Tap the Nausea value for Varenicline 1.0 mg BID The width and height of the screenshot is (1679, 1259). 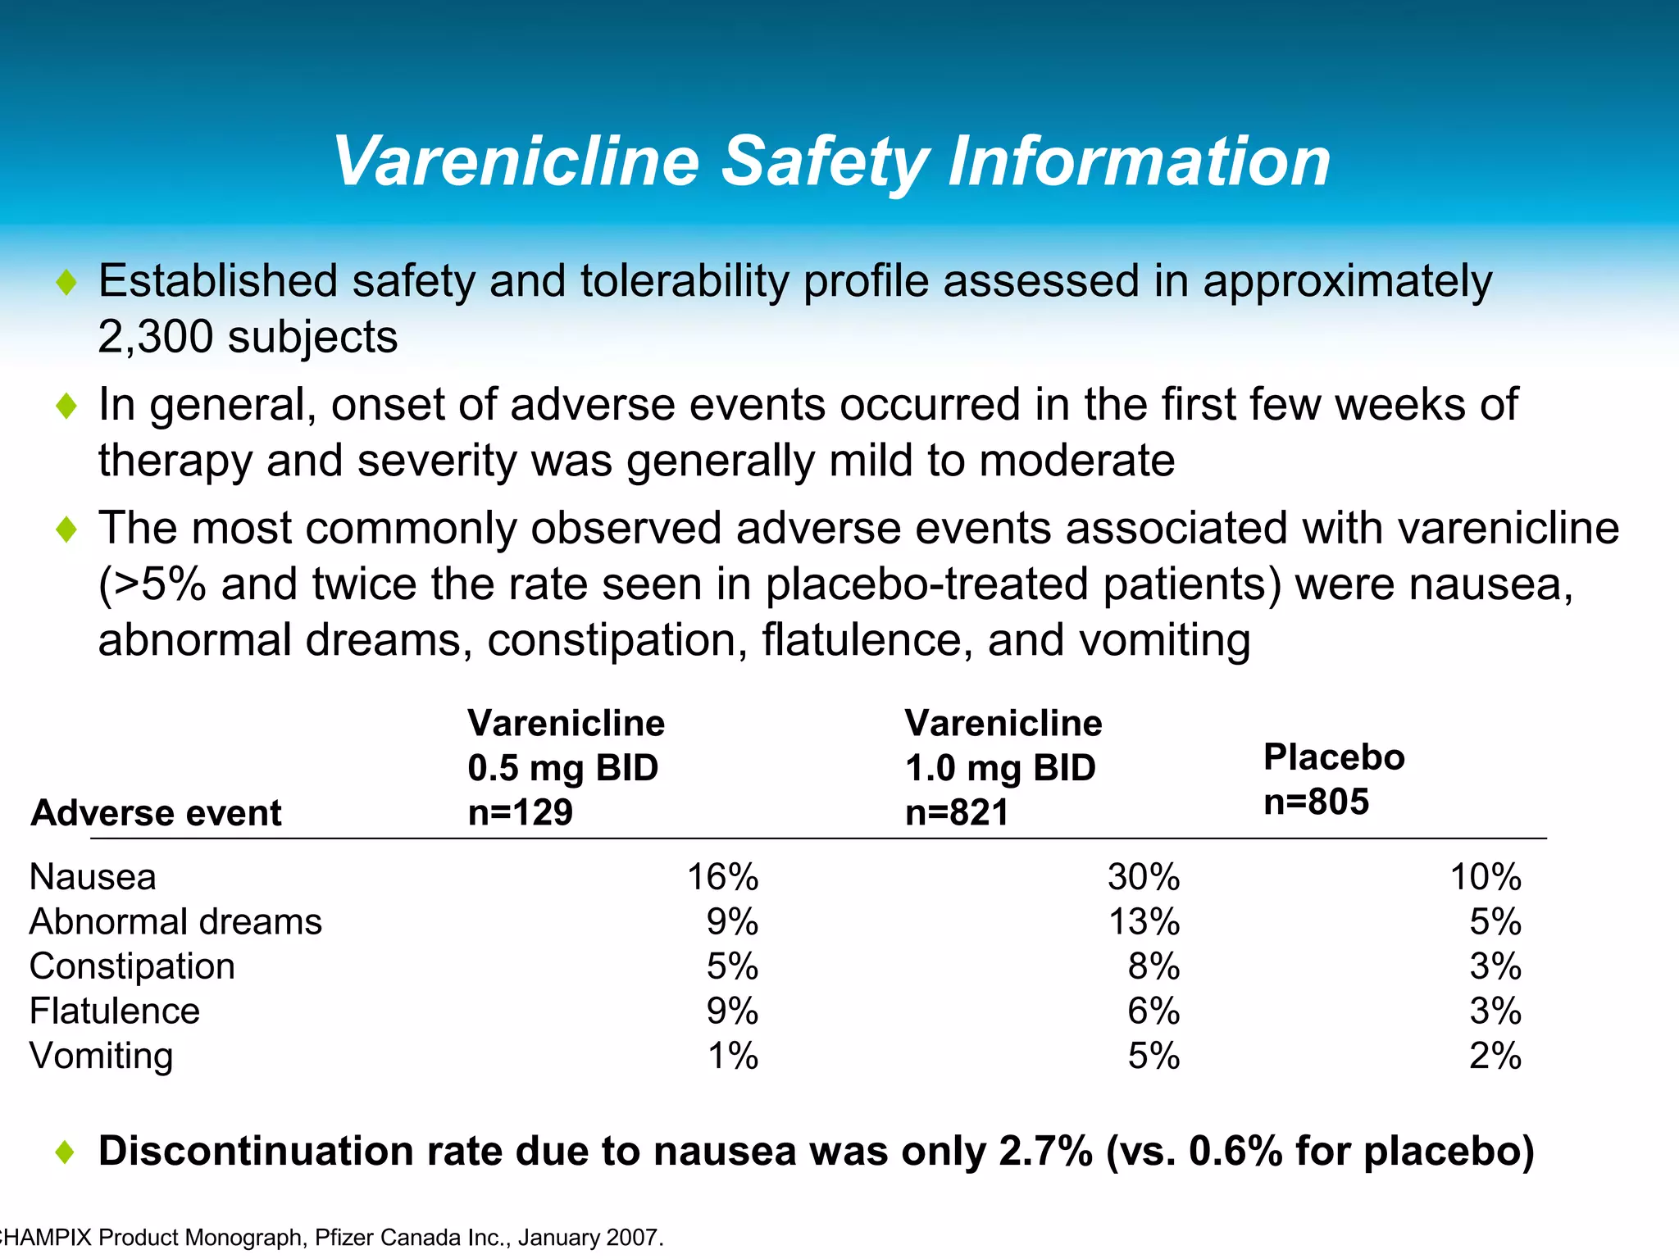point(1144,877)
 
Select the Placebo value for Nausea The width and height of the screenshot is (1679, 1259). point(1486,877)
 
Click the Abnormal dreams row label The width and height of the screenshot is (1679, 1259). point(175,922)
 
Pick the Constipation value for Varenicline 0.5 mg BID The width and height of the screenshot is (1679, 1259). point(732,966)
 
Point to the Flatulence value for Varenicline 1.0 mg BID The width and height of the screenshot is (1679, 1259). point(1153,1011)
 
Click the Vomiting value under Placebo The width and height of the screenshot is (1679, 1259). point(1495,1056)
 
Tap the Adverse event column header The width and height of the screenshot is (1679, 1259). point(156,813)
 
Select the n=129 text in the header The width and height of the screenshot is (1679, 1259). point(520,812)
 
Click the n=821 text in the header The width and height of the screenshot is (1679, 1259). point(957,812)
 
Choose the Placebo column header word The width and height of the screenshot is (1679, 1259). point(1334,757)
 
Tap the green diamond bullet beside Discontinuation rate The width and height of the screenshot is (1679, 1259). point(66,1152)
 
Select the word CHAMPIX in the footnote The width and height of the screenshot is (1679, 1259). point(46,1237)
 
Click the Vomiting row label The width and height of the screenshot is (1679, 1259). point(101,1056)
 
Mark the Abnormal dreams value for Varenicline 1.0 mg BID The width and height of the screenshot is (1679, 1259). point(1144,922)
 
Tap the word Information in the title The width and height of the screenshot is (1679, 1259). point(1139,161)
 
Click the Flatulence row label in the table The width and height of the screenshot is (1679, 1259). point(114,1011)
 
